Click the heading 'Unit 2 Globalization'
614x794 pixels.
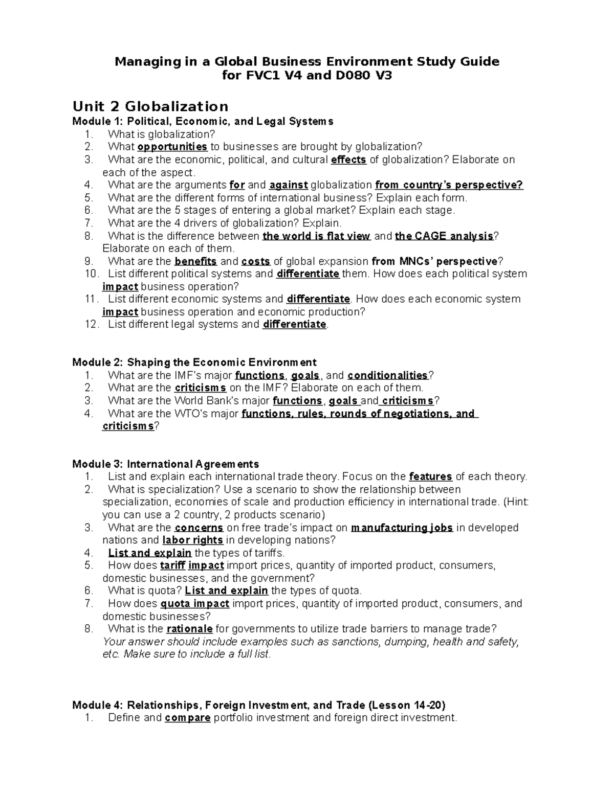(x=150, y=106)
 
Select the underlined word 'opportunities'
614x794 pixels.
(x=172, y=147)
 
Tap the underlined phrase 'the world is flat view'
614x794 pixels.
(x=316, y=236)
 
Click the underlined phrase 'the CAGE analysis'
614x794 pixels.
(x=444, y=236)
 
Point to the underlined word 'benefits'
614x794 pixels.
(x=195, y=261)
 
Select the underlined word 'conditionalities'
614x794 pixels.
(x=387, y=375)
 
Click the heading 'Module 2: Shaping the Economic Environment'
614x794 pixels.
(x=194, y=362)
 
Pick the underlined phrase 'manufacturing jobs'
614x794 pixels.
(x=402, y=528)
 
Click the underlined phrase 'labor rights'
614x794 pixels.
(x=192, y=540)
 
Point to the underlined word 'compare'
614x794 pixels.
(x=187, y=718)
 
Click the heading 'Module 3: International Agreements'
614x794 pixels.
(x=166, y=464)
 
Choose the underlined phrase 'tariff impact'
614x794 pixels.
(x=192, y=565)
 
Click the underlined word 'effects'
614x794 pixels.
(x=348, y=160)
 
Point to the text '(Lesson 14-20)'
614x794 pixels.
(x=407, y=706)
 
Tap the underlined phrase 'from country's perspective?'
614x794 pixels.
(x=449, y=185)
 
